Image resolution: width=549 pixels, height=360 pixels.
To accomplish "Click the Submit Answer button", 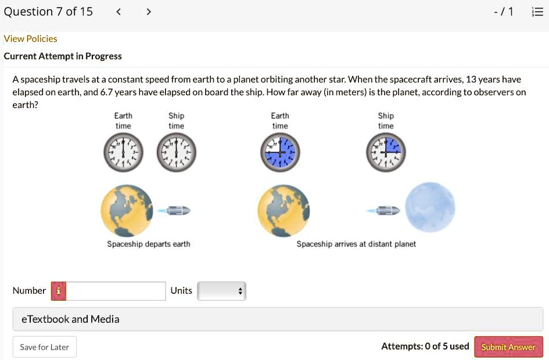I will click(x=508, y=347).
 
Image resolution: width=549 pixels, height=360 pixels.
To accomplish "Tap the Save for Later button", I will click(x=44, y=347).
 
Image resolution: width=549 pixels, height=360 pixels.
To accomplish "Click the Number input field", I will click(x=116, y=291).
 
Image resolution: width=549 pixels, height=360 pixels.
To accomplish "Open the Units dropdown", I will click(x=222, y=291).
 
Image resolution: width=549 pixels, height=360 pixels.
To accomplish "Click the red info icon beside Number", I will click(x=59, y=291).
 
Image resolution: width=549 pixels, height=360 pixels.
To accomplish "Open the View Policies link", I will click(x=30, y=38).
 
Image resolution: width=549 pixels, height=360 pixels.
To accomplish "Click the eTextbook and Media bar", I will click(x=278, y=319).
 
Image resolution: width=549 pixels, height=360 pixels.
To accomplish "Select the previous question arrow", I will click(x=119, y=12).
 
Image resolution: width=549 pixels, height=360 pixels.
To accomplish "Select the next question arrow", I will click(x=148, y=12).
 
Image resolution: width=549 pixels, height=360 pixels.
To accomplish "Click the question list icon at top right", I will click(x=537, y=12).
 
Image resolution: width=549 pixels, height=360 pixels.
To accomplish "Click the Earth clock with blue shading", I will click(x=280, y=153).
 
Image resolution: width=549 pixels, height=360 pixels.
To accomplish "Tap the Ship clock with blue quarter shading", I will click(x=386, y=153).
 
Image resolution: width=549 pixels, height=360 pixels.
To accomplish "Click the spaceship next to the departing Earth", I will click(x=176, y=210).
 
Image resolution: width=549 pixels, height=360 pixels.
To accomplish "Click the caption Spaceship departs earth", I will click(x=149, y=244).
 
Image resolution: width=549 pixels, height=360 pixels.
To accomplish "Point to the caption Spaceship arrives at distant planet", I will click(x=356, y=244).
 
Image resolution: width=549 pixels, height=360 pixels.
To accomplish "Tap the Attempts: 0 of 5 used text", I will click(x=425, y=346).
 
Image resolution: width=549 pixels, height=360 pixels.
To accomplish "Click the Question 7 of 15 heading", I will click(x=48, y=12).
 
